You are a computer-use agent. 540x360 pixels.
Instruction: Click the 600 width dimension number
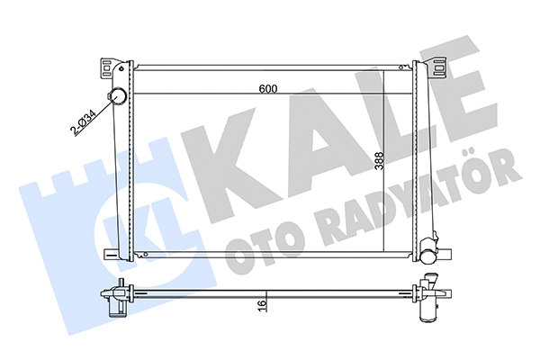pos(266,88)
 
